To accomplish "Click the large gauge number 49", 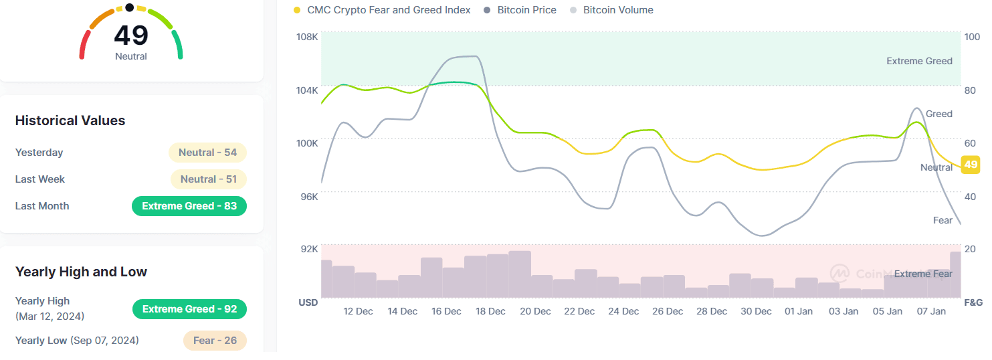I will (130, 35).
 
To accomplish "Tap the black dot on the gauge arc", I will (129, 8).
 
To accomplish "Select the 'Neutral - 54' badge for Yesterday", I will (207, 153).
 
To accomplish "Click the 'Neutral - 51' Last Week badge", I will (209, 179).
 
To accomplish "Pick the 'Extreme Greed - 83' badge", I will (189, 206).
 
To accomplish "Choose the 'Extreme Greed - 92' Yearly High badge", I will (189, 309).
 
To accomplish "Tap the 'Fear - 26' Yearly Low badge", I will (215, 341).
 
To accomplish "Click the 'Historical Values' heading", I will (70, 120).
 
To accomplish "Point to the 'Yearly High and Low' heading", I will (81, 272).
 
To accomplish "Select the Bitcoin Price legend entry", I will (526, 10).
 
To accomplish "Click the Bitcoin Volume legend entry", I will (618, 10).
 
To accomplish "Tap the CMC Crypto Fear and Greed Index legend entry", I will (388, 10).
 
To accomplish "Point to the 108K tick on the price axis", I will (307, 37).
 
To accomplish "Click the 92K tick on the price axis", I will (309, 249).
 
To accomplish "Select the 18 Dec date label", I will (490, 311).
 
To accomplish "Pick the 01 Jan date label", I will (799, 311).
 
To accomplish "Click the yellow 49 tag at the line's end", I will (971, 165).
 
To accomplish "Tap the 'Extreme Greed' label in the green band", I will (919, 61).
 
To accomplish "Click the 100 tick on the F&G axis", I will (972, 37).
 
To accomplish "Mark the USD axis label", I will (308, 302).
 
